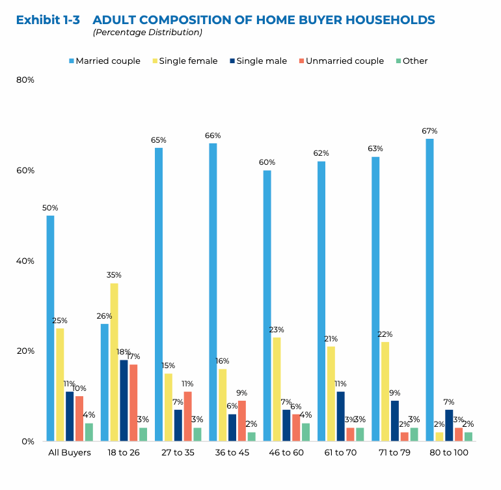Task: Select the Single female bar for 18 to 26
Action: point(114,362)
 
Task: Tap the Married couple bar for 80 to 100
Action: point(429,289)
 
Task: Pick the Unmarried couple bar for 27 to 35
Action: point(187,416)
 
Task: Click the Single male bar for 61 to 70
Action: point(340,416)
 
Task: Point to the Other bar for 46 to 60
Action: point(305,431)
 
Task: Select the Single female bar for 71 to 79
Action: point(385,391)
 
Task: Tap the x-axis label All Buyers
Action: point(70,452)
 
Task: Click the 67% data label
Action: point(429,131)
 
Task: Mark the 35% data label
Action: point(114,275)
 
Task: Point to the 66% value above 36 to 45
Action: point(213,136)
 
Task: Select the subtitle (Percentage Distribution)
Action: point(147,32)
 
